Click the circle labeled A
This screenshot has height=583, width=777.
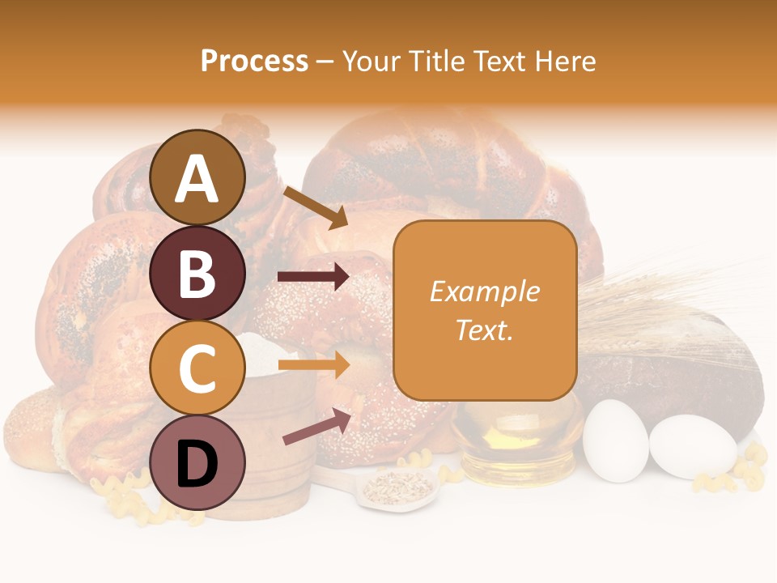(197, 177)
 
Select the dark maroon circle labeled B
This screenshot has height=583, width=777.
(197, 273)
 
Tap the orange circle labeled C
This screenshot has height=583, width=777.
(197, 368)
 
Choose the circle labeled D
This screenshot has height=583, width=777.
(197, 462)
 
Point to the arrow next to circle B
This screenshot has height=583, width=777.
(313, 278)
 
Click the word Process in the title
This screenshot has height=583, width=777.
(254, 61)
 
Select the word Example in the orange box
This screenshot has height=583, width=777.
(484, 291)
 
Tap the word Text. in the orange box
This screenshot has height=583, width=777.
(484, 330)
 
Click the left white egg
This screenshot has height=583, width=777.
(615, 439)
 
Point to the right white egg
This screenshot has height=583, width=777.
(693, 447)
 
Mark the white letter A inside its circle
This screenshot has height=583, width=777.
(197, 179)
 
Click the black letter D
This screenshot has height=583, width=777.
(197, 464)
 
